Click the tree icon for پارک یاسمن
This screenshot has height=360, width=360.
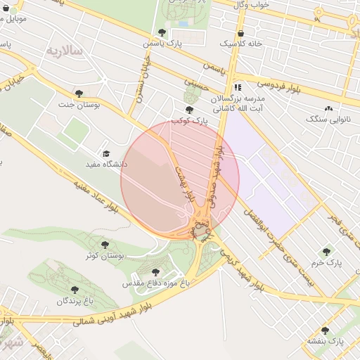point(162,32)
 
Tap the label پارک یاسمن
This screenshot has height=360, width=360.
point(162,44)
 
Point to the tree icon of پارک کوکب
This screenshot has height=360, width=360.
point(188,110)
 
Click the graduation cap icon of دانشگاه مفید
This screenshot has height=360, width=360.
point(106,153)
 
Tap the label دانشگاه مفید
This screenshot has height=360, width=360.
point(105,164)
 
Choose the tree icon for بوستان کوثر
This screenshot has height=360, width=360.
point(105,245)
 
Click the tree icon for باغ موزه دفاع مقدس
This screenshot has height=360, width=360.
point(155,272)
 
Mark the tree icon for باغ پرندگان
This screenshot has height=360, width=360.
point(75,289)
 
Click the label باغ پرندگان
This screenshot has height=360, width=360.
point(75,300)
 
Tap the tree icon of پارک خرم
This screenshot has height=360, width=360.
point(326,251)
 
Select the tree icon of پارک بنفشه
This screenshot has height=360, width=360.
point(325,330)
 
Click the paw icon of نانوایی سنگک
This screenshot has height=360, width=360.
point(329,108)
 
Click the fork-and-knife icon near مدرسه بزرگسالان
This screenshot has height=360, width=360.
point(238,88)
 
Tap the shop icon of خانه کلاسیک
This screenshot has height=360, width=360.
point(242,33)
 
